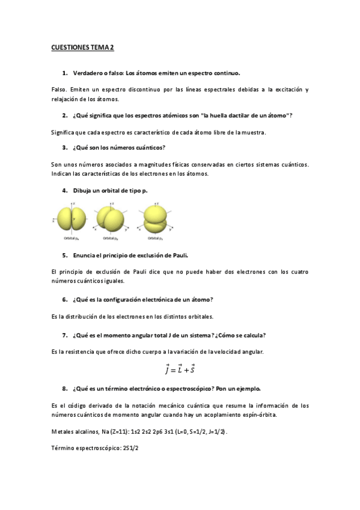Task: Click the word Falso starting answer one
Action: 60,90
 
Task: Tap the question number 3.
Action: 64,147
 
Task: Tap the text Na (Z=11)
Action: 107,431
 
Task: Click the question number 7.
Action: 64,335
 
